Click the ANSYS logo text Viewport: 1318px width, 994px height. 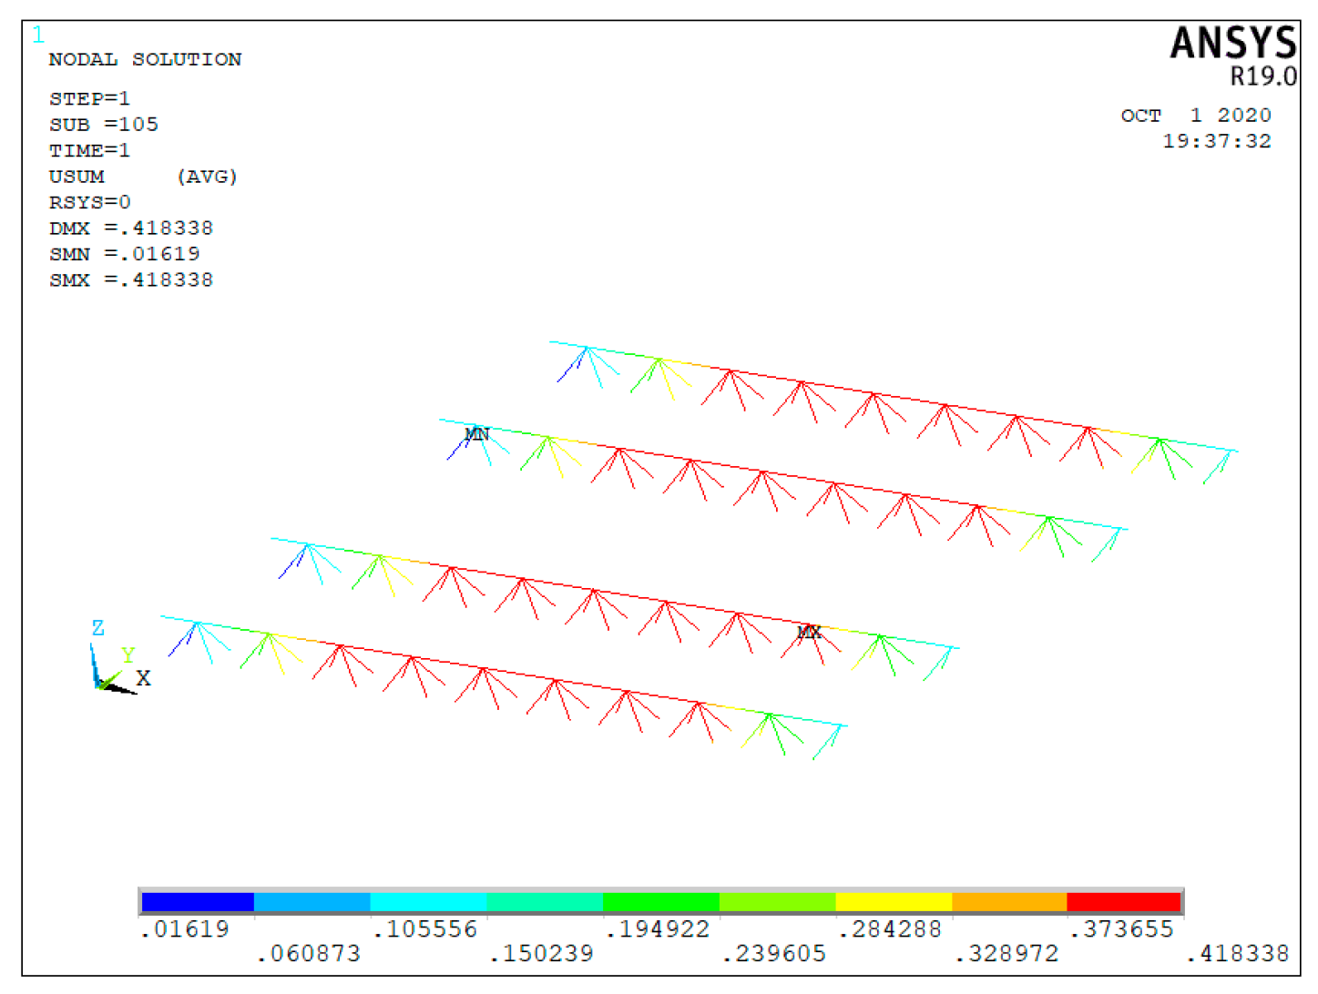pos(1232,43)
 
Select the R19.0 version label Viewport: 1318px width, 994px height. pos(1263,76)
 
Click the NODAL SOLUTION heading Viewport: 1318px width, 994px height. pos(145,59)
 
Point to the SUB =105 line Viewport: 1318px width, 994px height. pos(104,124)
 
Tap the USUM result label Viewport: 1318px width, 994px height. pos(77,177)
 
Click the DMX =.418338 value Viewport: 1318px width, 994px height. pos(131,228)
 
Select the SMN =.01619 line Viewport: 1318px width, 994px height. pos(124,254)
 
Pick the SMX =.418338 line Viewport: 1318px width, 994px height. pos(131,279)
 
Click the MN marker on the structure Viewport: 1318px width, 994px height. pos(476,433)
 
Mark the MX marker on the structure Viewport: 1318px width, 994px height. pos(808,631)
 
